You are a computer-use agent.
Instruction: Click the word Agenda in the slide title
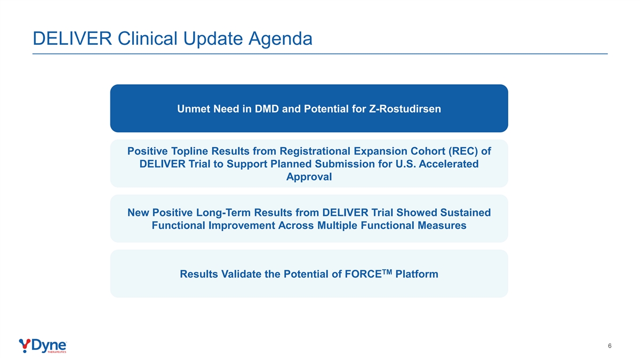(281, 39)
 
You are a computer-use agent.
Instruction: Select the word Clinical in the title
(147, 38)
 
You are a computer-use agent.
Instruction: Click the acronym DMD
(267, 109)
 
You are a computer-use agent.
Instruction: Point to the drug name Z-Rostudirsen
(405, 109)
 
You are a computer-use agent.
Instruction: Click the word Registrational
(315, 151)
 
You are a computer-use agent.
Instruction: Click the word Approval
(309, 177)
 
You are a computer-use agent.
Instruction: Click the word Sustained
(466, 213)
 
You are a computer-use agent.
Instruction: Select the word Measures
(442, 226)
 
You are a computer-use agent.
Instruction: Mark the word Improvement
(242, 226)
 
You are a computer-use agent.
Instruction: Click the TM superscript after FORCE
(387, 271)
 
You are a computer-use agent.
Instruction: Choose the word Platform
(417, 274)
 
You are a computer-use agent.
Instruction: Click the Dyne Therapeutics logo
(43, 346)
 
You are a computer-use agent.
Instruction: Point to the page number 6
(610, 346)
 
